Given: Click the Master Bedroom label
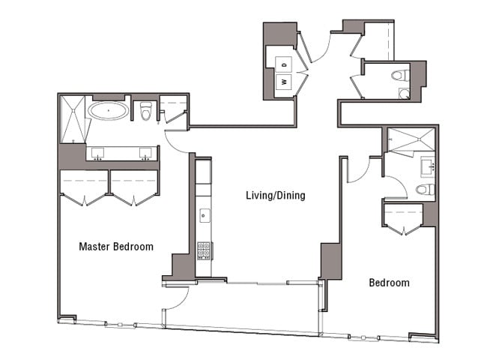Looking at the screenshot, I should tap(116, 246).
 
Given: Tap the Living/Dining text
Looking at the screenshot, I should tap(276, 196).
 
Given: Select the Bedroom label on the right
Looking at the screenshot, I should tap(389, 283).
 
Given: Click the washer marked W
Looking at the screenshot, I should tap(285, 81).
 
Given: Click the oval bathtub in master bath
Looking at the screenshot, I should tap(108, 112).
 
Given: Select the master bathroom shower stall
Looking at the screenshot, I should tap(73, 118).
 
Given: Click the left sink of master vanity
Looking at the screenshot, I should tap(98, 153).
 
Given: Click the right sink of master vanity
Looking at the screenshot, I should tap(145, 153).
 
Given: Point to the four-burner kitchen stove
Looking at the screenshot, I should tap(204, 250).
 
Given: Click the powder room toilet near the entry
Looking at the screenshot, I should tap(401, 75).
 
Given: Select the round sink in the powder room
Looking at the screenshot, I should tap(405, 93).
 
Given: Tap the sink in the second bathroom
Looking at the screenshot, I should tap(429, 164).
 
